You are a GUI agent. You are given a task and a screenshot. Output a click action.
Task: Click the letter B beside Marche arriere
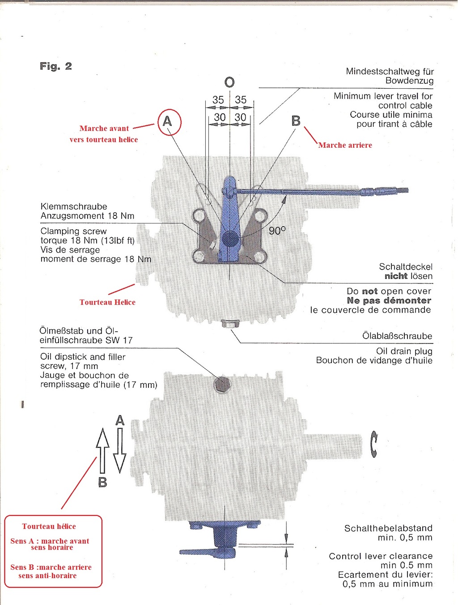click(x=296, y=121)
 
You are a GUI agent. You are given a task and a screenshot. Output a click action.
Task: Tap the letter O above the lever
click(x=229, y=82)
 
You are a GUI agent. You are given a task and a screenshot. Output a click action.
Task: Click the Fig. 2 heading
click(x=56, y=66)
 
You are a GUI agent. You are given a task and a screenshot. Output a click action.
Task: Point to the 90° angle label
click(x=277, y=231)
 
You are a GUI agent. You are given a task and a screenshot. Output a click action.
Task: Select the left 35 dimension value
click(x=218, y=99)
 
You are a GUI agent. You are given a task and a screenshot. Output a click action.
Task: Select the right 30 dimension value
click(x=241, y=117)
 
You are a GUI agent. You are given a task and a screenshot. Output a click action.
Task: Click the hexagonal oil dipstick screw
click(x=222, y=384)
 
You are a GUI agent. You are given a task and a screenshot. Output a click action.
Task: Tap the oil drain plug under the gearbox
click(x=229, y=323)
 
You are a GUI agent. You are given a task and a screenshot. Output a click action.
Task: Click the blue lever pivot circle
click(x=230, y=239)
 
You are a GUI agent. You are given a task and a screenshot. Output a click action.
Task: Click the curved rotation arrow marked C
click(x=374, y=444)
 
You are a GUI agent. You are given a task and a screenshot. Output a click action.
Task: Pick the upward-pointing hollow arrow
click(x=102, y=451)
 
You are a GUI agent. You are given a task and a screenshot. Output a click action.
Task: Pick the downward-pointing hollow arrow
click(x=120, y=451)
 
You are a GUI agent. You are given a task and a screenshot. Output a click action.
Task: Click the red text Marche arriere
click(x=345, y=145)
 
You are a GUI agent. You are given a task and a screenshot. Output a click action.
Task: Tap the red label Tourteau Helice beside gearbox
click(x=107, y=302)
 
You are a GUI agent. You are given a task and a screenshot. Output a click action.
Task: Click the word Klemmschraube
click(x=74, y=206)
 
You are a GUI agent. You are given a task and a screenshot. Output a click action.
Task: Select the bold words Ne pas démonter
click(x=389, y=300)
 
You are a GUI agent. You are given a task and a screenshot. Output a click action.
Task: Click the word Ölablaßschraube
click(x=397, y=336)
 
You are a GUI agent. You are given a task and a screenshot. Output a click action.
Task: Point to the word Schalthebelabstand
click(x=388, y=528)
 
